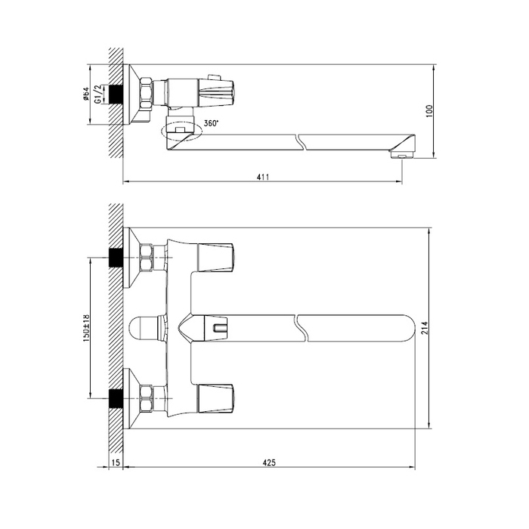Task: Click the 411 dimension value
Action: click(x=263, y=176)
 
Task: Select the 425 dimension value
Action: click(x=269, y=462)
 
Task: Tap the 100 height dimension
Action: click(x=429, y=111)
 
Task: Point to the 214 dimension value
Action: click(x=425, y=328)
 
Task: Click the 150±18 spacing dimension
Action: click(x=85, y=328)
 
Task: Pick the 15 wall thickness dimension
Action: click(x=116, y=462)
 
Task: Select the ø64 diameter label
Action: click(x=85, y=94)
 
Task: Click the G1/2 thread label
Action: click(x=97, y=94)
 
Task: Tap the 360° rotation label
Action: click(x=211, y=123)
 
